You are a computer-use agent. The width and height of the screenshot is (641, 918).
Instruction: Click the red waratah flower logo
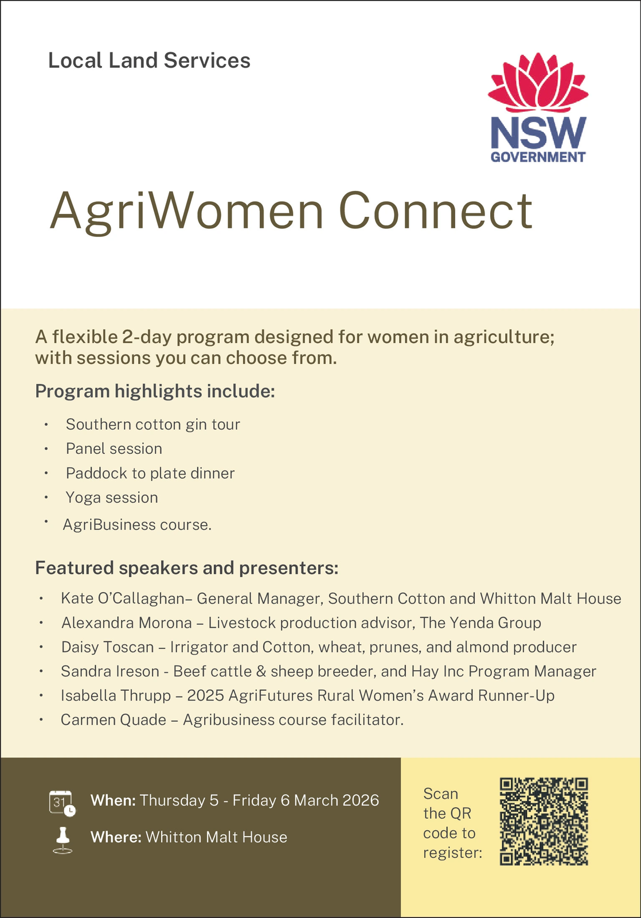click(538, 82)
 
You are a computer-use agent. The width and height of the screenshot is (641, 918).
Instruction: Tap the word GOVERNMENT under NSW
click(538, 157)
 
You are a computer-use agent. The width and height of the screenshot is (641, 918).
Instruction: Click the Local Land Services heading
click(149, 60)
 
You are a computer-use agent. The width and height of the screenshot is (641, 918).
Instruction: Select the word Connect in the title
click(436, 210)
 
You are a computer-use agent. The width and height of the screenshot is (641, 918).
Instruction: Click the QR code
click(544, 821)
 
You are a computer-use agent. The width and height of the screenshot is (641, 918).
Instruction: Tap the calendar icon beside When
click(62, 803)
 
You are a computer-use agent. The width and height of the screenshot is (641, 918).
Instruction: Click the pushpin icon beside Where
click(62, 840)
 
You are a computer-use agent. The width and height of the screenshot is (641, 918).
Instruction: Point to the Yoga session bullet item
click(112, 497)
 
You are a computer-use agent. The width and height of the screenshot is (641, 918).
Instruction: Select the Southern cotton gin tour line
click(153, 425)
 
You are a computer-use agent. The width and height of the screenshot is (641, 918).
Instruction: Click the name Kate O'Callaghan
click(123, 598)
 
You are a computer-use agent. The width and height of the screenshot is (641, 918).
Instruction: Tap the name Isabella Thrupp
click(116, 695)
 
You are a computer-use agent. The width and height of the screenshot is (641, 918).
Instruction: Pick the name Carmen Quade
click(114, 719)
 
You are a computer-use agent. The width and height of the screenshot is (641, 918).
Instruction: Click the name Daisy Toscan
click(107, 647)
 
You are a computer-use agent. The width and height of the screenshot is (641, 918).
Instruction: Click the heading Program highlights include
click(155, 391)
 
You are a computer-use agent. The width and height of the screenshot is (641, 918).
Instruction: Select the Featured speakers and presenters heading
click(187, 569)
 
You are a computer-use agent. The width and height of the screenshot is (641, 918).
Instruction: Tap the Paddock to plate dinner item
click(150, 473)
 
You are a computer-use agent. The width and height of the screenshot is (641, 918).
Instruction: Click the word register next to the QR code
click(452, 853)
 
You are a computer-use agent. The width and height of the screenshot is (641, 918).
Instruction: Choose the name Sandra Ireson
click(110, 671)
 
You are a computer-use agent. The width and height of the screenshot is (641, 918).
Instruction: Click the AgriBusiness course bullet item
click(137, 524)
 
